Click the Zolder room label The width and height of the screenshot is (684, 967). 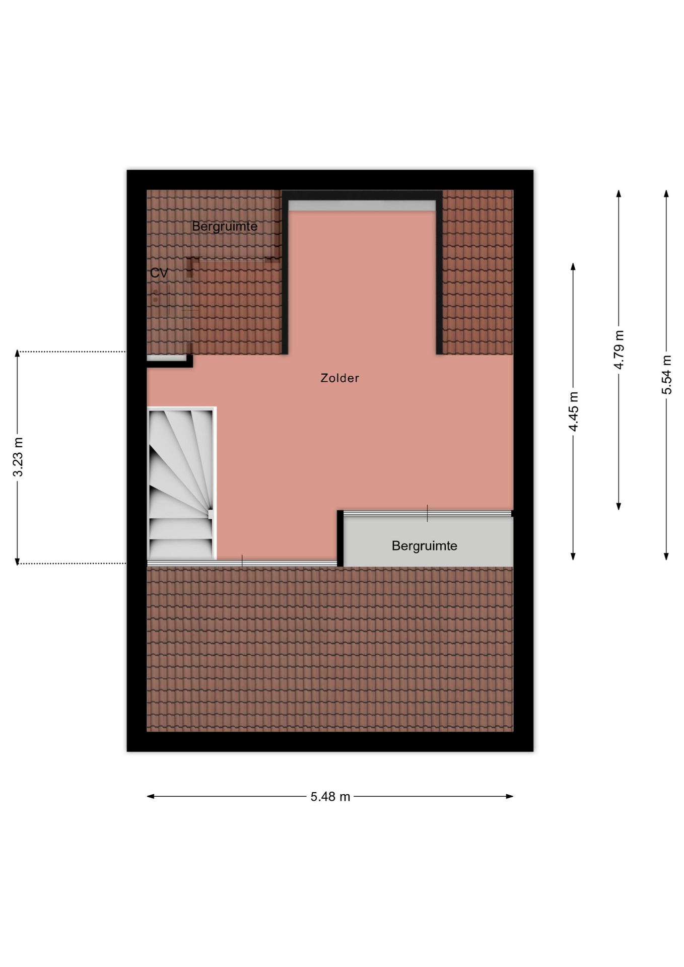point(339,378)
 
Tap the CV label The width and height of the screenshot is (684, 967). point(159,273)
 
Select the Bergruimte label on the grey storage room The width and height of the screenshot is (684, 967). point(424,546)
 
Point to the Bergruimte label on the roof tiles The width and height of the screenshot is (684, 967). point(225,227)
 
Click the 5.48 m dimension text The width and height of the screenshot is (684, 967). point(330,797)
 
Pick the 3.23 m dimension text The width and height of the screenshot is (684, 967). point(18,457)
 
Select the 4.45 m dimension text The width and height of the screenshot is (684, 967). point(573,411)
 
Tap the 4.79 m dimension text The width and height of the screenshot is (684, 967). point(619,350)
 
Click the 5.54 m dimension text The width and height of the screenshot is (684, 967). point(666,375)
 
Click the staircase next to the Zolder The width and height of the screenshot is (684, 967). point(181,483)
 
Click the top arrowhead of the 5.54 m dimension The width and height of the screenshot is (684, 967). point(666,193)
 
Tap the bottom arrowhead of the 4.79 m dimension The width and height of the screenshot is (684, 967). point(619,507)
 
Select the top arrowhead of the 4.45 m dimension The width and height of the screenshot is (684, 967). point(573,266)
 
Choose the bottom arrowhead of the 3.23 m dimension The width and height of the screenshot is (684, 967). point(18,562)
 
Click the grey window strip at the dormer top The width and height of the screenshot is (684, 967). point(362,205)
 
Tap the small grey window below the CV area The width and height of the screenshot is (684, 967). point(167,358)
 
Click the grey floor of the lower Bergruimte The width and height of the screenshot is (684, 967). point(428,542)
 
